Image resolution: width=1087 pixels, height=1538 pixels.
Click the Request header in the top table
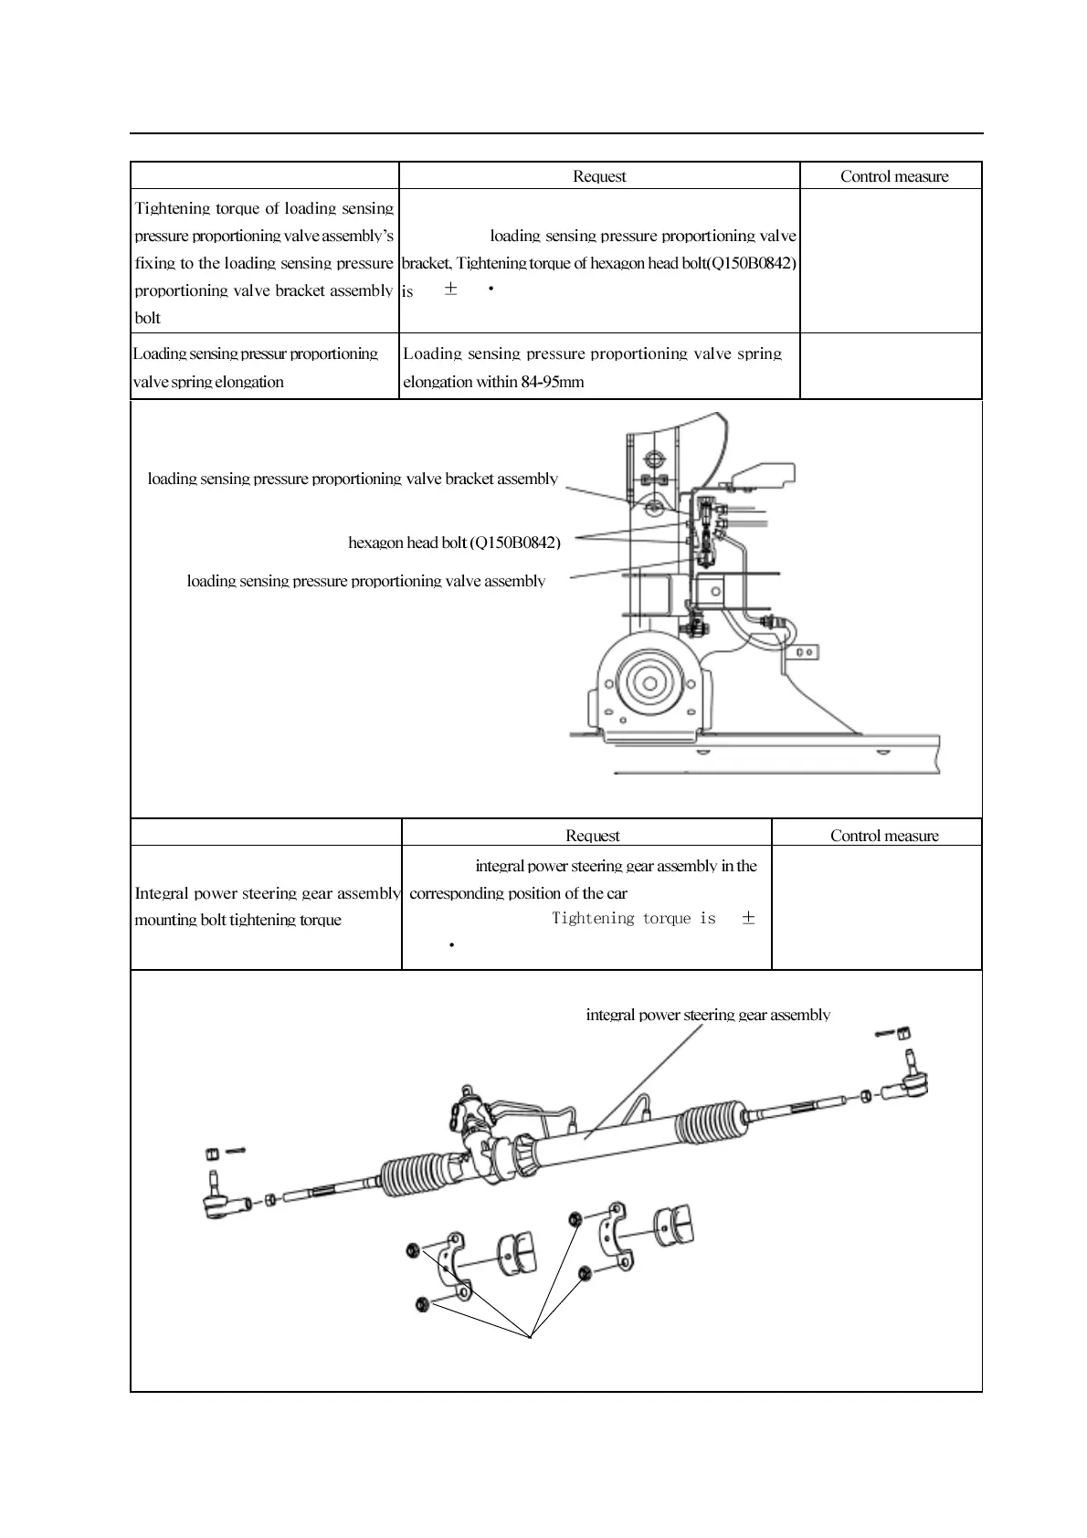pos(599,176)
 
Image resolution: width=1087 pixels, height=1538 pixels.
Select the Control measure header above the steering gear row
pos(883,836)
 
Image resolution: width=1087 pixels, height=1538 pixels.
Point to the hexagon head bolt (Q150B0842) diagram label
pos(454,543)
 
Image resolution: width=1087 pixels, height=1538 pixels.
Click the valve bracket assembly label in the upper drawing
pos(353,479)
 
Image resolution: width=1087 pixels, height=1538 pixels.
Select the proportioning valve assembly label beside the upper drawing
pos(365,581)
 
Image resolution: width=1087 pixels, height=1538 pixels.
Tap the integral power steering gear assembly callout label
pos(707,1015)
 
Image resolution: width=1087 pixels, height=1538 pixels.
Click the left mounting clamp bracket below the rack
pos(453,1265)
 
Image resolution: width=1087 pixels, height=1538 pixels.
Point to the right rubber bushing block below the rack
pos(675,1225)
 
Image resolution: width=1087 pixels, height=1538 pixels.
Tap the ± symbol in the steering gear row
pos(748,919)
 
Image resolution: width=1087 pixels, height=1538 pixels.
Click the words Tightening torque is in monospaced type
pos(633,919)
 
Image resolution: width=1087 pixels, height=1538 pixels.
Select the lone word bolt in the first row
pos(147,319)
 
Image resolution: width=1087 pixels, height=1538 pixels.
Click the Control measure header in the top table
pos(894,176)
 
